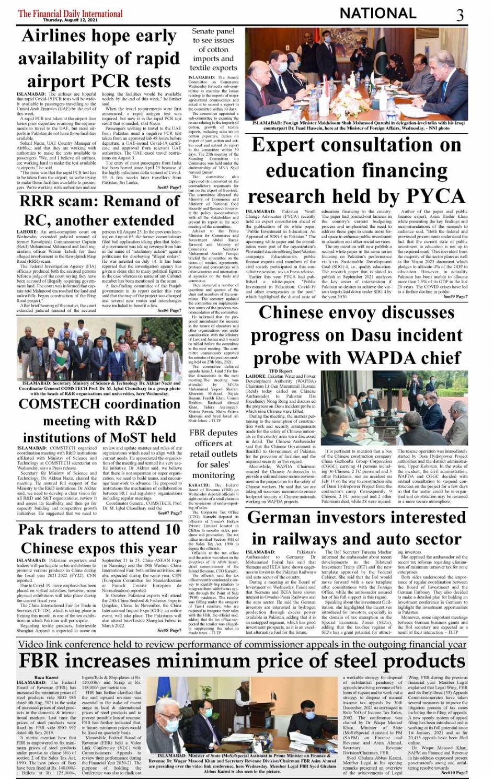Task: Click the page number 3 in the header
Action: pos(459,15)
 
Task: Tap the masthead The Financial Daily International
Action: pos(70,14)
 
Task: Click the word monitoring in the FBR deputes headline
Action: pos(213,475)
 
